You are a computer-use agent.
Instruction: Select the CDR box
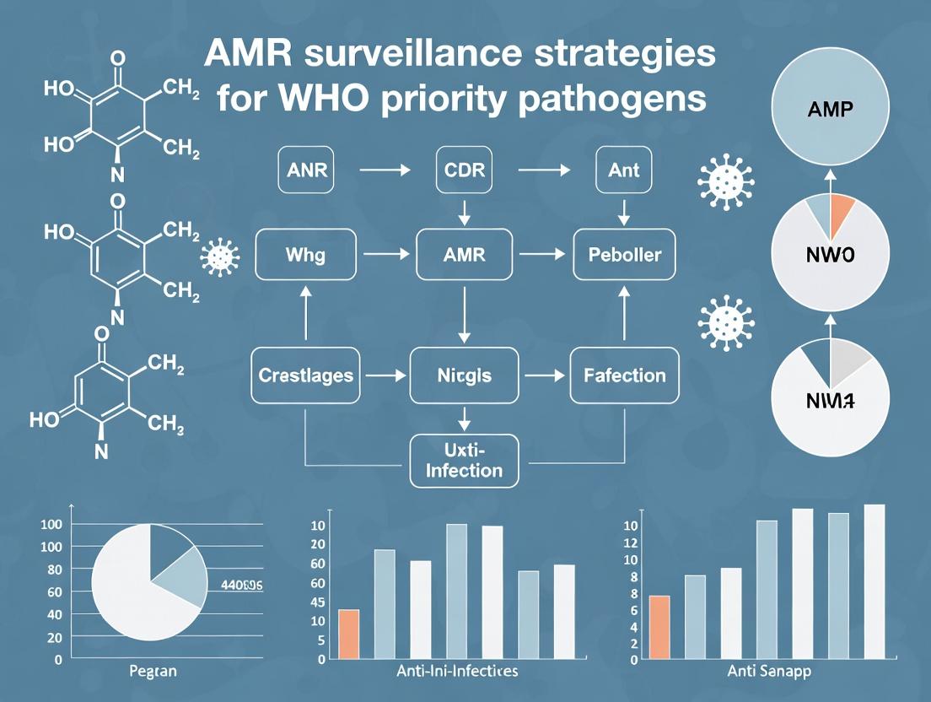462,170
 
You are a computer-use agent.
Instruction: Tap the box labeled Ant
623,170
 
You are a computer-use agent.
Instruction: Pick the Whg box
306,253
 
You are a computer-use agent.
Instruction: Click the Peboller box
623,253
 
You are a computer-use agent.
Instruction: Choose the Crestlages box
307,375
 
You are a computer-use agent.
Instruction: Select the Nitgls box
462,375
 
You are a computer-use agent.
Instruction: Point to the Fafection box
624,375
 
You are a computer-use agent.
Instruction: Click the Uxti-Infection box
464,460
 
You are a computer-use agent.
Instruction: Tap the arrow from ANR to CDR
385,170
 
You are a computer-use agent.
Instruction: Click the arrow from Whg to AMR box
385,253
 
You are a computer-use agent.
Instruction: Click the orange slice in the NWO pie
840,213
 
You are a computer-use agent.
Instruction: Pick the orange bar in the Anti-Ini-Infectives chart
348,634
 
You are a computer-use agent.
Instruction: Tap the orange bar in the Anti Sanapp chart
659,627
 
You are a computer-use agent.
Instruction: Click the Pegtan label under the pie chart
153,672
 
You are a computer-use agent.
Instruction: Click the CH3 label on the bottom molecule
165,427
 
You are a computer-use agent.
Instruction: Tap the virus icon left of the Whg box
222,256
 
